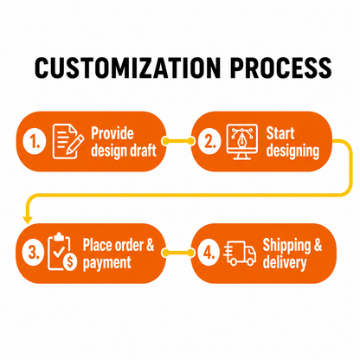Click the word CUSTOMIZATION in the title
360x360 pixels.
(x=128, y=67)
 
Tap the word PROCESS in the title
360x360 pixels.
(x=280, y=67)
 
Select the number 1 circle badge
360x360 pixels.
(x=35, y=141)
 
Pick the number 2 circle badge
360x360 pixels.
(x=209, y=141)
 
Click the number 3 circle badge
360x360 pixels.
(x=33, y=253)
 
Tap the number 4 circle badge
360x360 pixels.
(x=209, y=253)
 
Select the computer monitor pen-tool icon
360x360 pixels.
(x=241, y=142)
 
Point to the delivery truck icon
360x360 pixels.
(x=240, y=254)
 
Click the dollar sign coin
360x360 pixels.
(x=70, y=262)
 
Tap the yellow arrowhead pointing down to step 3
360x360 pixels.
(x=28, y=220)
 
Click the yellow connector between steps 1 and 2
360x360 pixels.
(x=178, y=141)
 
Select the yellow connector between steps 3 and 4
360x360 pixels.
(x=178, y=253)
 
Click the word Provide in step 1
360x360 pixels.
(x=112, y=133)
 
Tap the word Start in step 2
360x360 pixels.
(x=280, y=133)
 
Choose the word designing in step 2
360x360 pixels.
(x=292, y=151)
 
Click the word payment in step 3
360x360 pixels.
(x=106, y=263)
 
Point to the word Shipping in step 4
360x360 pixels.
(x=286, y=246)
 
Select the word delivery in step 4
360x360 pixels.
(x=285, y=263)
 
